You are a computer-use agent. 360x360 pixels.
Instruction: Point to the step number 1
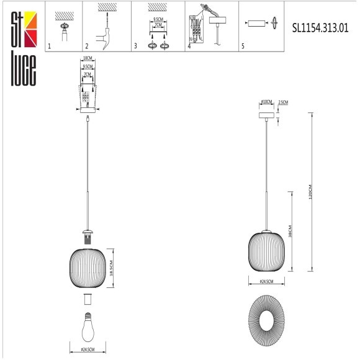(x=50, y=47)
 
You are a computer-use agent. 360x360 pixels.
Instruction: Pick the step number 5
(x=243, y=47)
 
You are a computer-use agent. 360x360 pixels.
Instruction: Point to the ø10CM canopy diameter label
(x=267, y=102)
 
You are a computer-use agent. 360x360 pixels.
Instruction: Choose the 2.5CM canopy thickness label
(x=284, y=102)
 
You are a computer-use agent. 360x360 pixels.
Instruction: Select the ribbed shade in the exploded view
(x=87, y=264)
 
